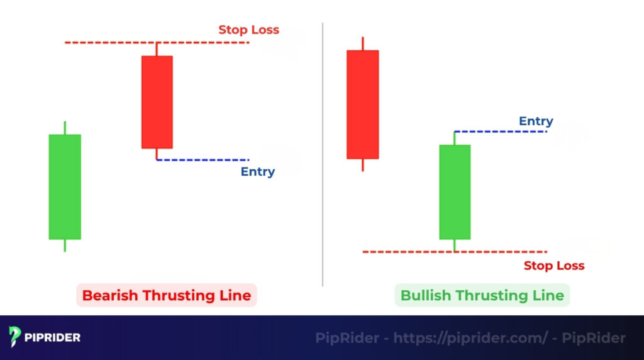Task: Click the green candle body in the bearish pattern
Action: point(65,187)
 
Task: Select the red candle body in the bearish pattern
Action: point(157,102)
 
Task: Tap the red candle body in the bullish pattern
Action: point(362,104)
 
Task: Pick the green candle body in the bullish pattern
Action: point(454,192)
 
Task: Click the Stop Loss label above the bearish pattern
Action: point(248,30)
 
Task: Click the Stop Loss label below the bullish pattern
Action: point(553,266)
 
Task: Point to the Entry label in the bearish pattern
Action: point(257,172)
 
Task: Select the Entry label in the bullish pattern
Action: point(536,121)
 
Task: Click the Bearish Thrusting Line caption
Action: point(167,295)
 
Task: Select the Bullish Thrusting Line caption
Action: point(482,295)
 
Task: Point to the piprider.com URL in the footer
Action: point(471,338)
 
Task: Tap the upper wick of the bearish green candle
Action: point(65,128)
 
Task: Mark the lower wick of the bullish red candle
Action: point(362,165)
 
